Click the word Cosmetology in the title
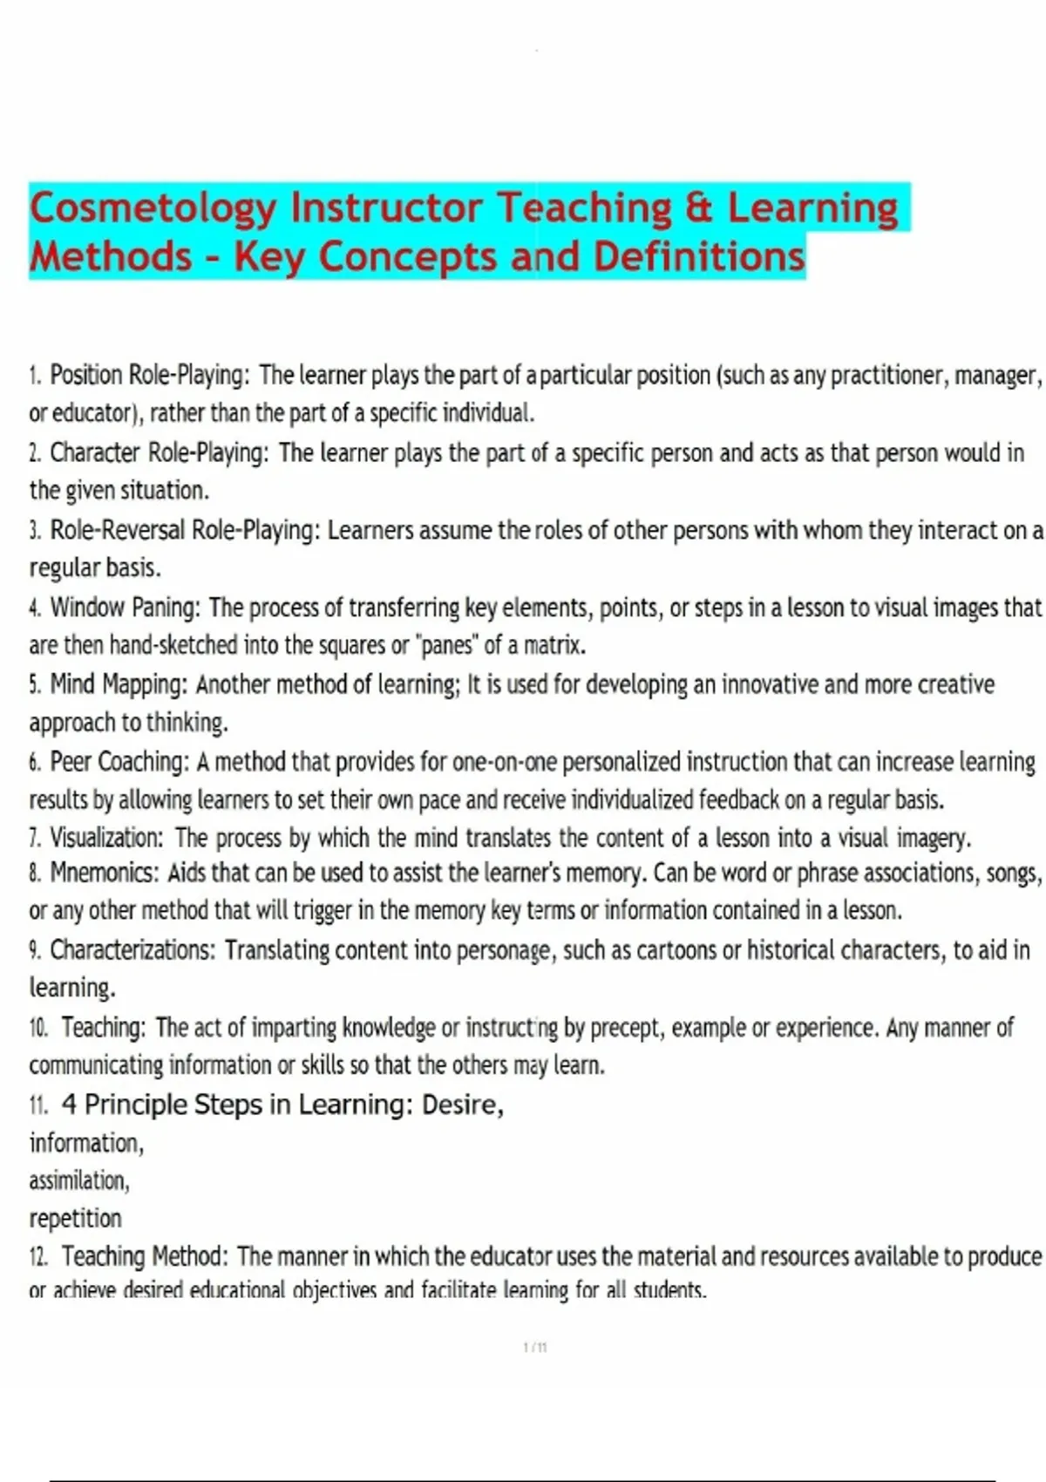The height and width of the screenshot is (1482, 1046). (x=153, y=208)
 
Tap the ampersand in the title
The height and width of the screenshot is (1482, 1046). (x=698, y=208)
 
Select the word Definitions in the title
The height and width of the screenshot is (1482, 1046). (x=699, y=257)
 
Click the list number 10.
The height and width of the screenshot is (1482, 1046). (x=38, y=1028)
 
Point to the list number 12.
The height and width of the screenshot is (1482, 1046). (x=38, y=1257)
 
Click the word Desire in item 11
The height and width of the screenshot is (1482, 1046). (x=462, y=1105)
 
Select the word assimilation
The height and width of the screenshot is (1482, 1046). (x=79, y=1180)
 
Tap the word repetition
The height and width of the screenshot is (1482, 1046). (x=76, y=1218)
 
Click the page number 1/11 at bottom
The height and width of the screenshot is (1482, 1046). (x=535, y=1347)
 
